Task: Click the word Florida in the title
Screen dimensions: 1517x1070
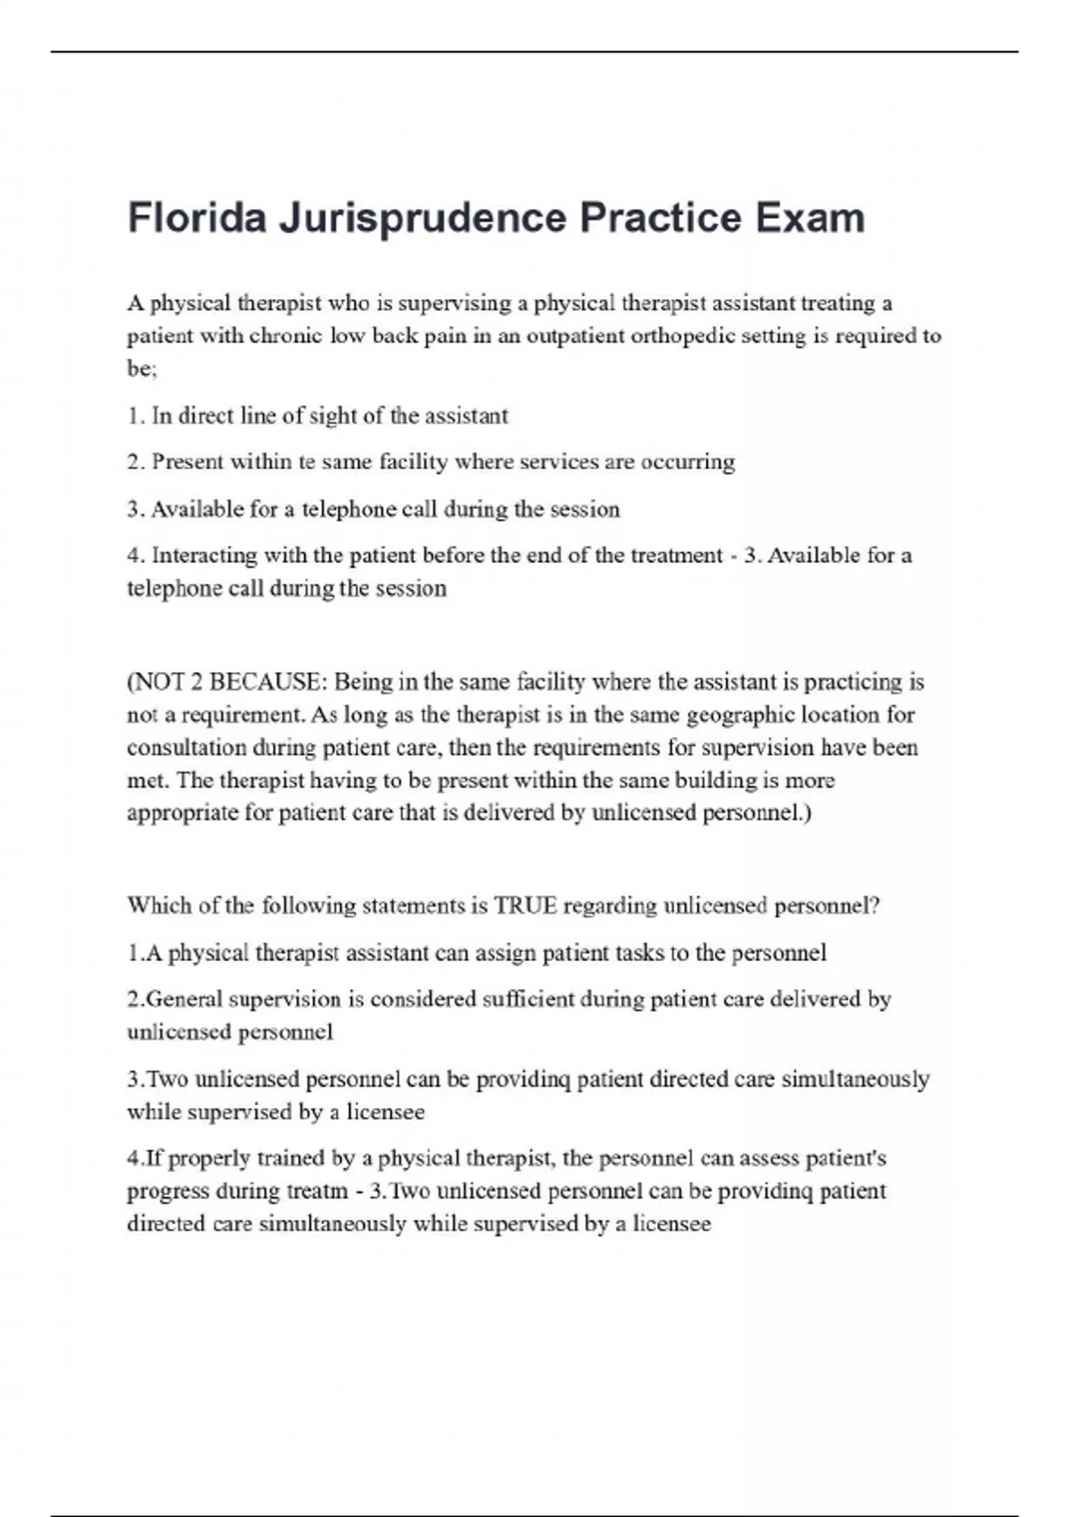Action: pos(197,219)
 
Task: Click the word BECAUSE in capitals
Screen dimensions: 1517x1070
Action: pos(267,683)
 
